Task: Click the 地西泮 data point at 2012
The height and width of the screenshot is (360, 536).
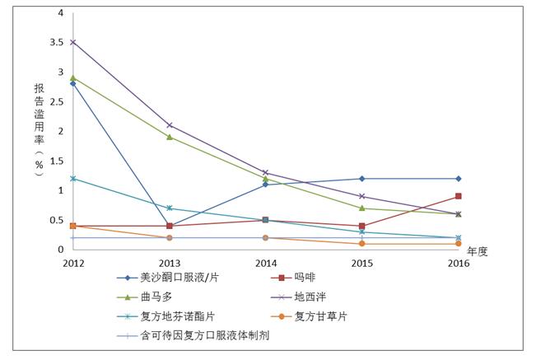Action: pyautogui.click(x=72, y=42)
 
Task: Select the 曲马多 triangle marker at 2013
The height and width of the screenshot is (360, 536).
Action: pyautogui.click(x=169, y=137)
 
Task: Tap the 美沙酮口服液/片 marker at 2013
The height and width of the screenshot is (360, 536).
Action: pyautogui.click(x=169, y=226)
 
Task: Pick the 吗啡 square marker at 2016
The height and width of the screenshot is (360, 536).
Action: pyautogui.click(x=459, y=196)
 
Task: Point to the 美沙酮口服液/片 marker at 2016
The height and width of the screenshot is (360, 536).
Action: pyautogui.click(x=459, y=179)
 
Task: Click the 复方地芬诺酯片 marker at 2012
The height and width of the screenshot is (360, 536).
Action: pyautogui.click(x=72, y=178)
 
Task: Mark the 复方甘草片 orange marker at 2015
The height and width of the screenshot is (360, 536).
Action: pyautogui.click(x=362, y=244)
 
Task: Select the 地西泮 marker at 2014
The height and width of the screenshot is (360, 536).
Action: pyautogui.click(x=265, y=173)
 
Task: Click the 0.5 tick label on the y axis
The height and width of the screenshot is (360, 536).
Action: pyautogui.click(x=56, y=220)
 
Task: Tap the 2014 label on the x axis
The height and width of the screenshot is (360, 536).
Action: pyautogui.click(x=265, y=263)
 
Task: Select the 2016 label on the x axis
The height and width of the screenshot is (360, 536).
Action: pyautogui.click(x=459, y=263)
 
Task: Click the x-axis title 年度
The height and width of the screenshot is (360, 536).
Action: pyautogui.click(x=478, y=250)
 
